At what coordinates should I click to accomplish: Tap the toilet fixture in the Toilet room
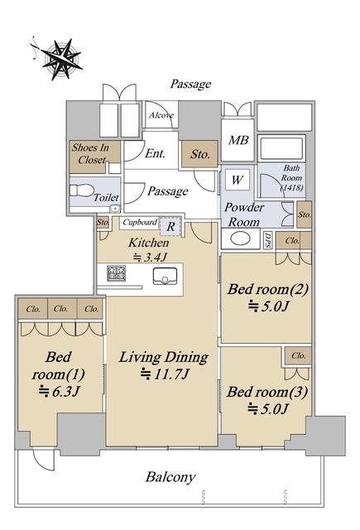pyautogui.click(x=81, y=190)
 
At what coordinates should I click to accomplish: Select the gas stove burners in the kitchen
pyautogui.click(x=117, y=273)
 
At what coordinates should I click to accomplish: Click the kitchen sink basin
pyautogui.click(x=165, y=277)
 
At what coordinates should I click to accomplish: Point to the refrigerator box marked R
pyautogui.click(x=170, y=226)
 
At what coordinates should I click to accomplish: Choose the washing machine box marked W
pyautogui.click(x=237, y=180)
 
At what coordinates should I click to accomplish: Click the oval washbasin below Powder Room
pyautogui.click(x=241, y=238)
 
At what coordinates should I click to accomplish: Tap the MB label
pyautogui.click(x=238, y=140)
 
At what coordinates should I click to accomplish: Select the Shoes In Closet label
pyautogui.click(x=90, y=153)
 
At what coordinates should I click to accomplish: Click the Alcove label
pyautogui.click(x=161, y=115)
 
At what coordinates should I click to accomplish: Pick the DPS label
pyautogui.click(x=268, y=240)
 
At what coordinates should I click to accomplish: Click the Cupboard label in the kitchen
pyautogui.click(x=140, y=223)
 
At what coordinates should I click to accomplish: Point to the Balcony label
pyautogui.click(x=170, y=477)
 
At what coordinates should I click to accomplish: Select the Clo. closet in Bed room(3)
pyautogui.click(x=298, y=356)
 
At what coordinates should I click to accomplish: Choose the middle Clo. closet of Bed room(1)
pyautogui.click(x=62, y=308)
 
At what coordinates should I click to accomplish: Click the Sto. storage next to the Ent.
pyautogui.click(x=199, y=154)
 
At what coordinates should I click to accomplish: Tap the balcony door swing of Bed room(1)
pyautogui.click(x=44, y=460)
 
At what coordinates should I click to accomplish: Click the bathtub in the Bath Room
pyautogui.click(x=281, y=147)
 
